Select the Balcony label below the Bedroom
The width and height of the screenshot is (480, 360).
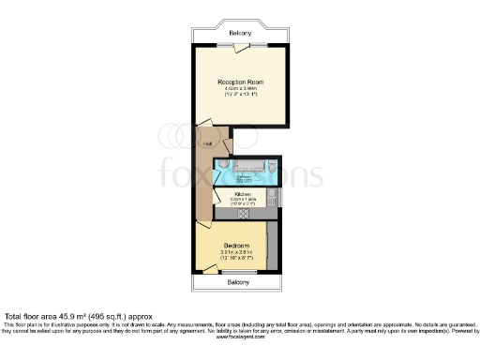(238, 281)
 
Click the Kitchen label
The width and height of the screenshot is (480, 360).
(243, 194)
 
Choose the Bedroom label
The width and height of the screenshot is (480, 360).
(238, 245)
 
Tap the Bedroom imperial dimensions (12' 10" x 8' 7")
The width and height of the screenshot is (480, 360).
(238, 259)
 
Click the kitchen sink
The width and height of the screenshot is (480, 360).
(270, 197)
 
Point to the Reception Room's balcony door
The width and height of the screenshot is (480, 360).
(239, 45)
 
